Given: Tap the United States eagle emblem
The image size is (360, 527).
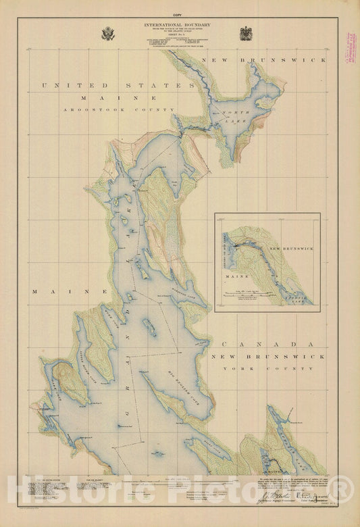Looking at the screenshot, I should (108, 33).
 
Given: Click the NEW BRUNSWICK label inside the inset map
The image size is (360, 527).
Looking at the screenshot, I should (292, 248).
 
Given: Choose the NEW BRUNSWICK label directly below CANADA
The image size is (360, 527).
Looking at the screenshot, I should (261, 356).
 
